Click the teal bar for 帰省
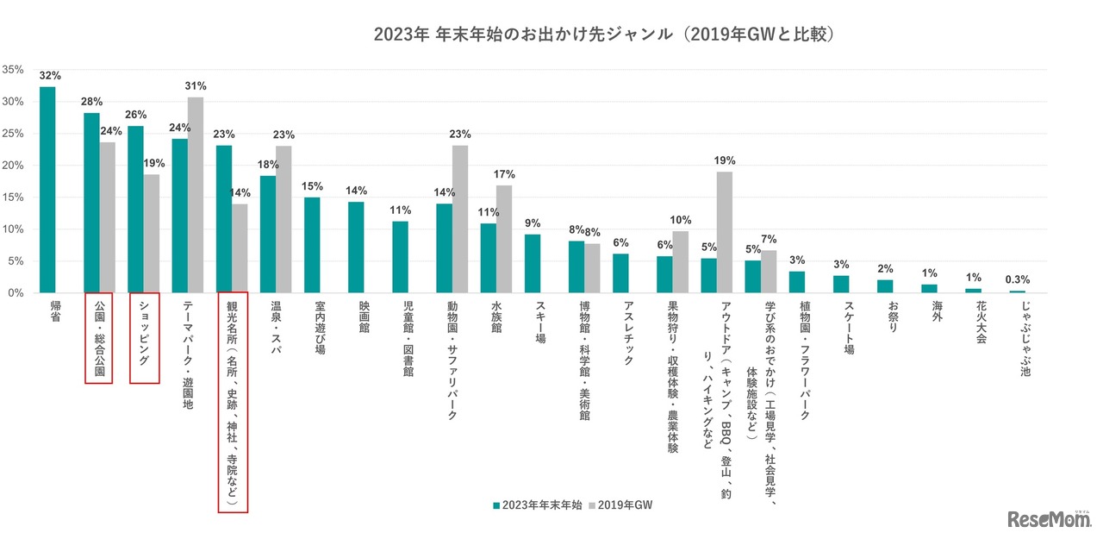point(47,190)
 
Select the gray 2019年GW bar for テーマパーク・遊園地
point(196,195)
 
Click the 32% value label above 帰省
point(49,76)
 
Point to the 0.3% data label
point(1018,279)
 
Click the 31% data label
point(196,86)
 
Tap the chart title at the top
point(607,34)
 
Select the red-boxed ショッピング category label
point(143,339)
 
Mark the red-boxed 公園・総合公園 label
point(99,339)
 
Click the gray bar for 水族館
point(504,239)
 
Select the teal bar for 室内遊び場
point(312,245)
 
